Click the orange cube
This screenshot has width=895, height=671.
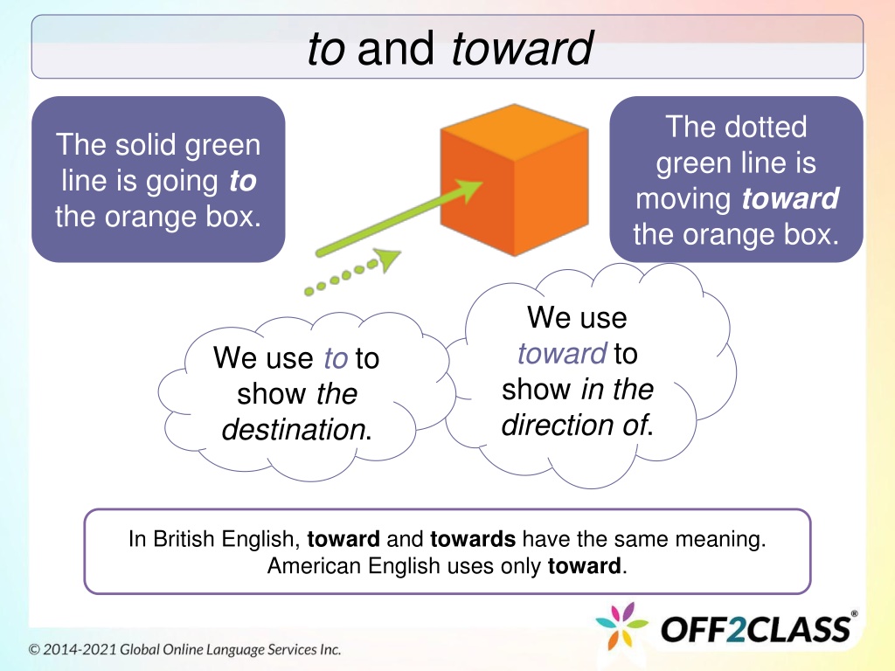coord(514,180)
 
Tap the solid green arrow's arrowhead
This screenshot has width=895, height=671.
coord(469,190)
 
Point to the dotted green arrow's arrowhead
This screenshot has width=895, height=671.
coord(389,259)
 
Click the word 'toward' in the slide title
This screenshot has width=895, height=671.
coord(522,48)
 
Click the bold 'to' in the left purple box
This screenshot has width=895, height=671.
coord(243,181)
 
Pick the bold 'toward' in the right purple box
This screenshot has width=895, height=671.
coord(790,198)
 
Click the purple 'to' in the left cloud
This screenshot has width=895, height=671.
coord(336,358)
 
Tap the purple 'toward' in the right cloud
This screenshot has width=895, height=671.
coord(562,353)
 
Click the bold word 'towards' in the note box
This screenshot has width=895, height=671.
coord(473,539)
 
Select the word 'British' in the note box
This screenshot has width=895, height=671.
coord(184,539)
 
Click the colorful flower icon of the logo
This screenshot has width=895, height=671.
coord(621,626)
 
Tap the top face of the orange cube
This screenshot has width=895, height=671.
coord(514,132)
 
